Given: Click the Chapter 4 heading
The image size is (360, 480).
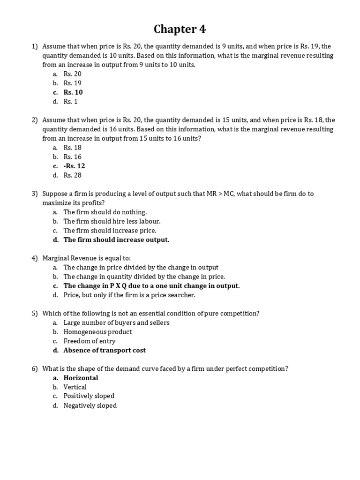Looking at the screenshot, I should click(x=180, y=29).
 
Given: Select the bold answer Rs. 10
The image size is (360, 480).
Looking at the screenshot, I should click(x=73, y=92).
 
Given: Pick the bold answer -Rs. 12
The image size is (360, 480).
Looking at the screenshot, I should click(x=74, y=166).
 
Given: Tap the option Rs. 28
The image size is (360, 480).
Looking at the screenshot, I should click(x=73, y=175).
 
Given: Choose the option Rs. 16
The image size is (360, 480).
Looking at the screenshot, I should click(x=73, y=157).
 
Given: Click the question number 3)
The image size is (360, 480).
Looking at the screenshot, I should click(x=35, y=194).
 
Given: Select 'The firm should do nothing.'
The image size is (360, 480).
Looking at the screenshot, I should click(x=105, y=212).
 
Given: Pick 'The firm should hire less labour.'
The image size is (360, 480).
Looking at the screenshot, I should click(x=112, y=221).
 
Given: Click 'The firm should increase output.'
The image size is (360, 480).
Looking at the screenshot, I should click(x=116, y=240).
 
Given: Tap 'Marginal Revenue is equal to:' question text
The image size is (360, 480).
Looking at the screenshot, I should click(x=87, y=258).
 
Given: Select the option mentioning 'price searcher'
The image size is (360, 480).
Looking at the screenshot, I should click(x=129, y=295).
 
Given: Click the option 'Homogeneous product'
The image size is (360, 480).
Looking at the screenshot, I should click(x=97, y=332).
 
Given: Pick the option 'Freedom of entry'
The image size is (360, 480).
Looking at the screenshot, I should click(x=90, y=341).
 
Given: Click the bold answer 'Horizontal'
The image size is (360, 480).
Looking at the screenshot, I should click(x=81, y=378).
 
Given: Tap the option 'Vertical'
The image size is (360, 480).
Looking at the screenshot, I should click(x=75, y=387).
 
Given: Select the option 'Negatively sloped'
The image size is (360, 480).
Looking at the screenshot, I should click(x=90, y=405).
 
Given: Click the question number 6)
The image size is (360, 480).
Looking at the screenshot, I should click(x=35, y=369).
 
